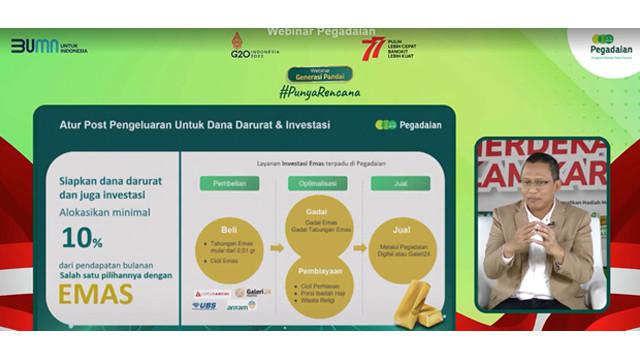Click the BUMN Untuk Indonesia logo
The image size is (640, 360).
pos(49,46)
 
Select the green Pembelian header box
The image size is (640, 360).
pos(228,184)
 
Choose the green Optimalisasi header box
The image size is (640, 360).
pos(317,184)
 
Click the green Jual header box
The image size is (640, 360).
pos(402,184)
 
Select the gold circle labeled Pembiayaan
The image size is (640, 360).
pos(317,281)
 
